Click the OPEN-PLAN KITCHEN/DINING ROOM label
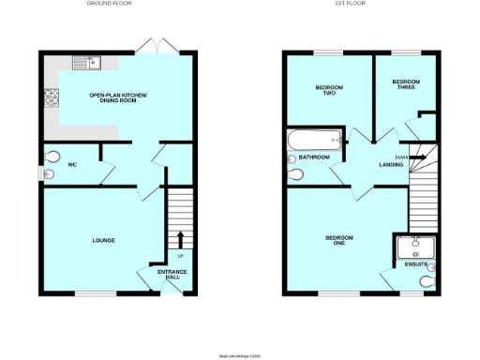point(118,98)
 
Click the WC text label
point(72,165)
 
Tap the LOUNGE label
point(103,241)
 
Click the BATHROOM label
point(315,157)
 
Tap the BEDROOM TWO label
point(328,90)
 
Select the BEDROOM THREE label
point(406,84)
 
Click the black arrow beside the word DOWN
point(417,157)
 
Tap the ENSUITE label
point(415,264)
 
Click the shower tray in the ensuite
point(416,247)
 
